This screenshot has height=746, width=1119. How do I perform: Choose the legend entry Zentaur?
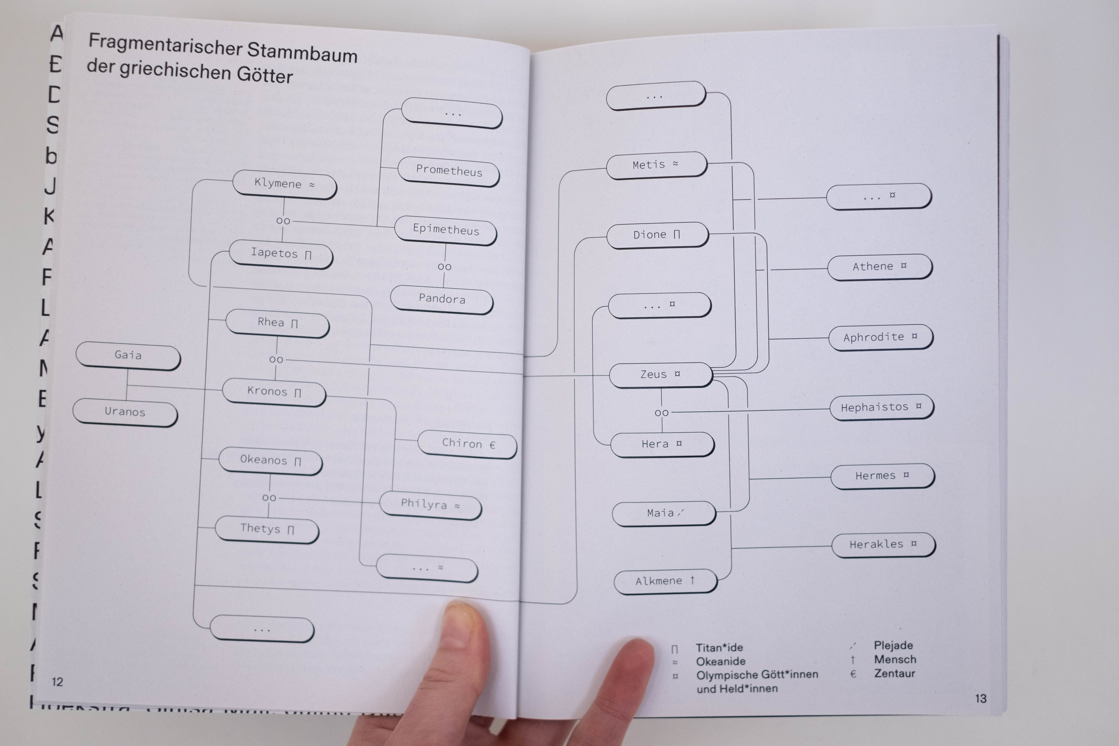[x=894, y=673]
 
